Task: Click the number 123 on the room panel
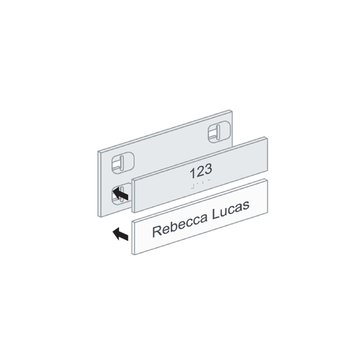click(x=201, y=171)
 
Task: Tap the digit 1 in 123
click(x=192, y=173)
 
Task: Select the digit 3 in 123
click(x=208, y=169)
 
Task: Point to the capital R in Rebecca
click(x=157, y=231)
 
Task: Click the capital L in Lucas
click(x=215, y=214)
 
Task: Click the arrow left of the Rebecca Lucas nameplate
click(x=121, y=234)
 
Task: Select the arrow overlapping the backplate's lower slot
click(x=121, y=194)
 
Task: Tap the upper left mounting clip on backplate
click(x=123, y=163)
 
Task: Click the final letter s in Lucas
click(x=246, y=206)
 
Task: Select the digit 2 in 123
click(x=200, y=171)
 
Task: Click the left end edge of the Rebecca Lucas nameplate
click(x=133, y=238)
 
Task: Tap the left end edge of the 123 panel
click(x=134, y=196)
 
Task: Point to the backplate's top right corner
click(x=232, y=111)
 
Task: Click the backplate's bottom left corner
click(x=99, y=217)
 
